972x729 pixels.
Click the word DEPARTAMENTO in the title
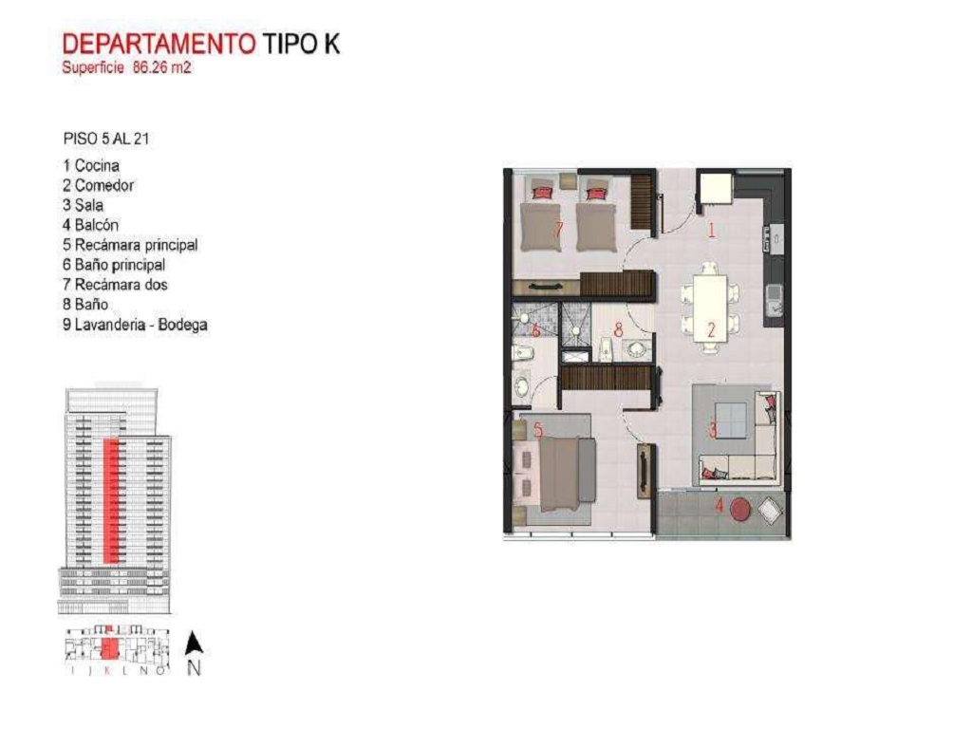(158, 44)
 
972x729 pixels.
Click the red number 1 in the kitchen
(712, 229)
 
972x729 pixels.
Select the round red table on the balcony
(741, 510)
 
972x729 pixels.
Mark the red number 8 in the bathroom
(618, 331)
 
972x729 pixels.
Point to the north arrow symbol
(194, 645)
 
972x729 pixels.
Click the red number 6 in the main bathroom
(536, 331)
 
